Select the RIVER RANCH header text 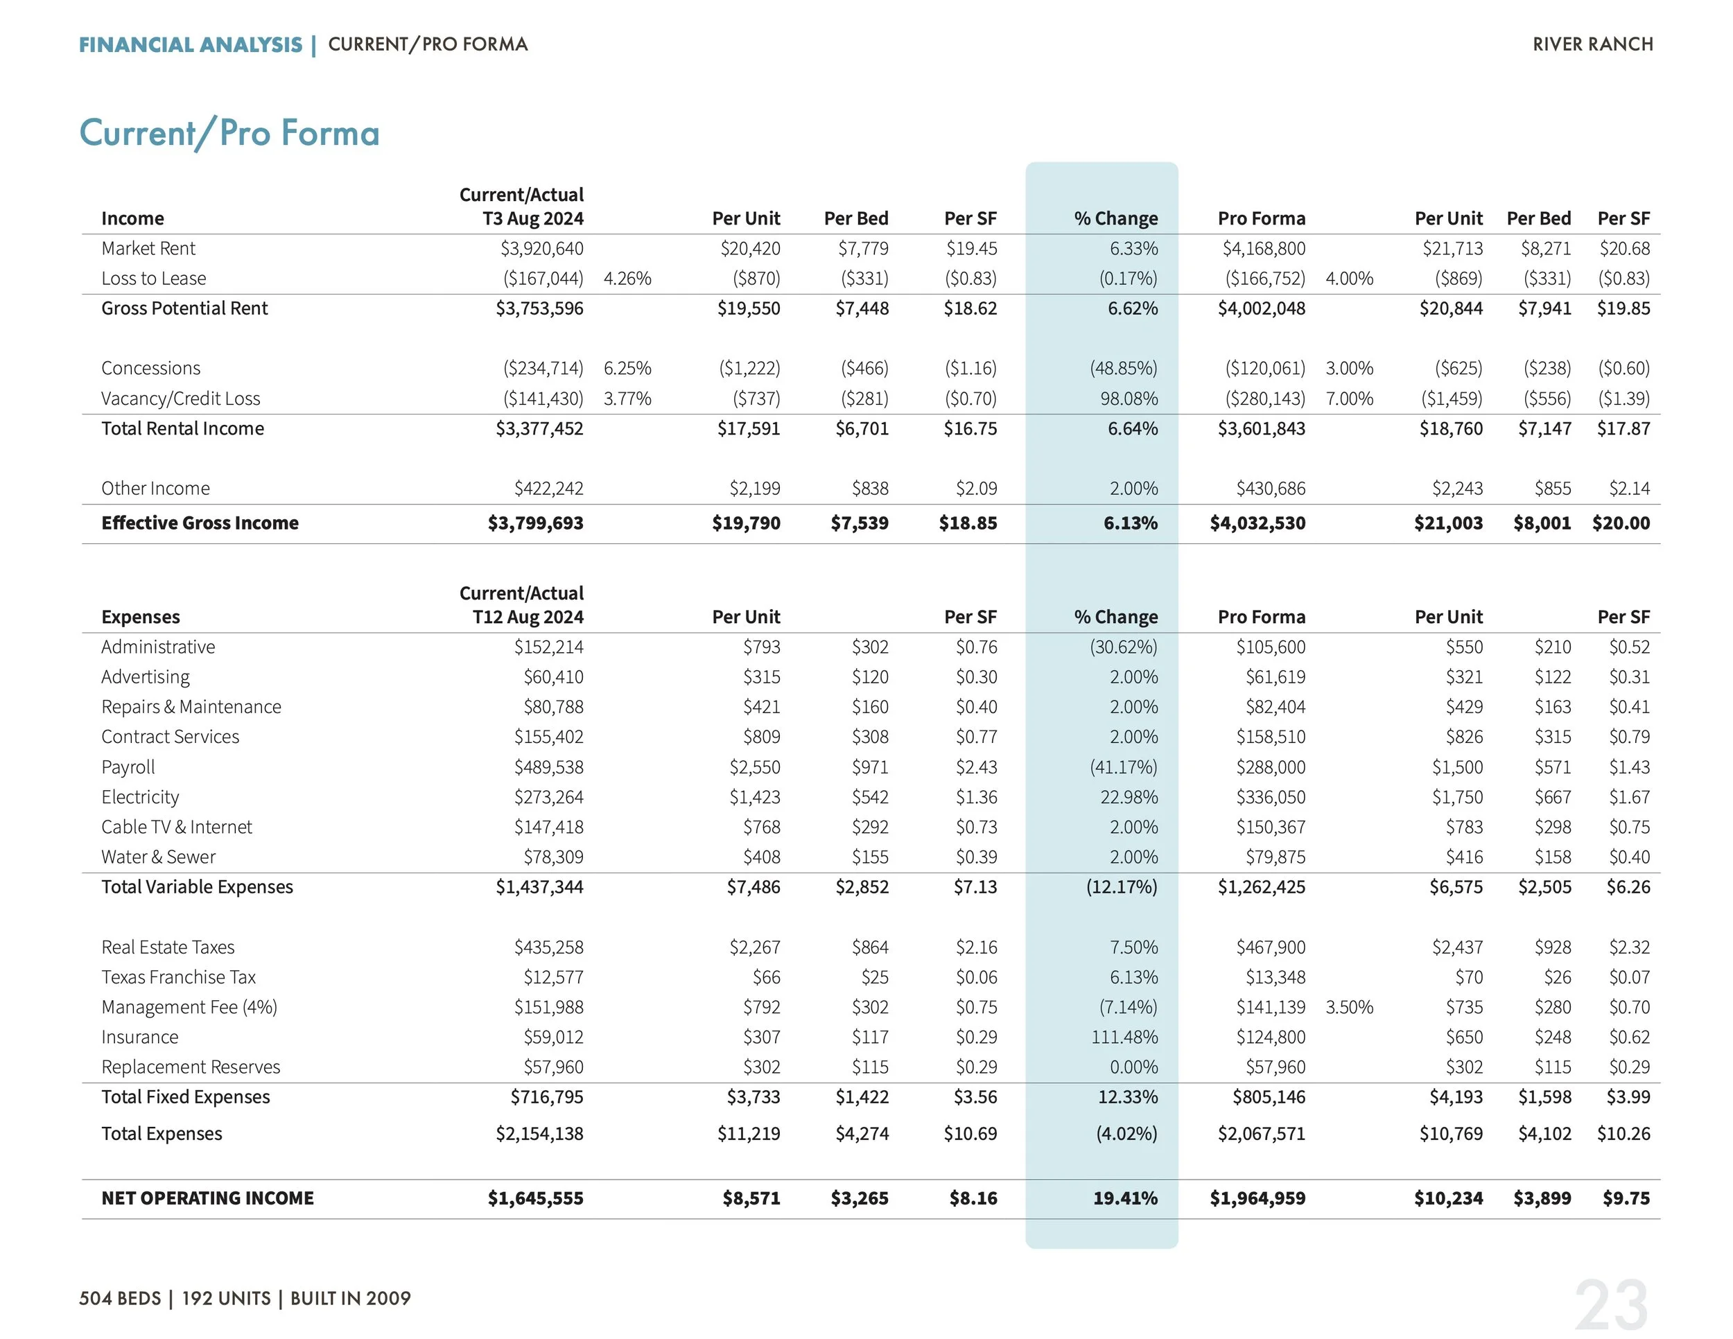pos(1592,44)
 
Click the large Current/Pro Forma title pos(229,132)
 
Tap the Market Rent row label pos(148,248)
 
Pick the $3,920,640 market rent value pos(541,248)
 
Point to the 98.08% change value pos(1129,399)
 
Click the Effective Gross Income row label pos(200,523)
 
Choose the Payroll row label pos(128,767)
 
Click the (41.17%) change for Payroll pos(1123,767)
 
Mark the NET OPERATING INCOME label pos(207,1198)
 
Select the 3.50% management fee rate pos(1349,1006)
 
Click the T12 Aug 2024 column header pos(528,616)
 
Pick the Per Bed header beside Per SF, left pos(855,218)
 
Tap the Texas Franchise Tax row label pos(179,977)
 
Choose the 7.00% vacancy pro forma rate pos(1349,399)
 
